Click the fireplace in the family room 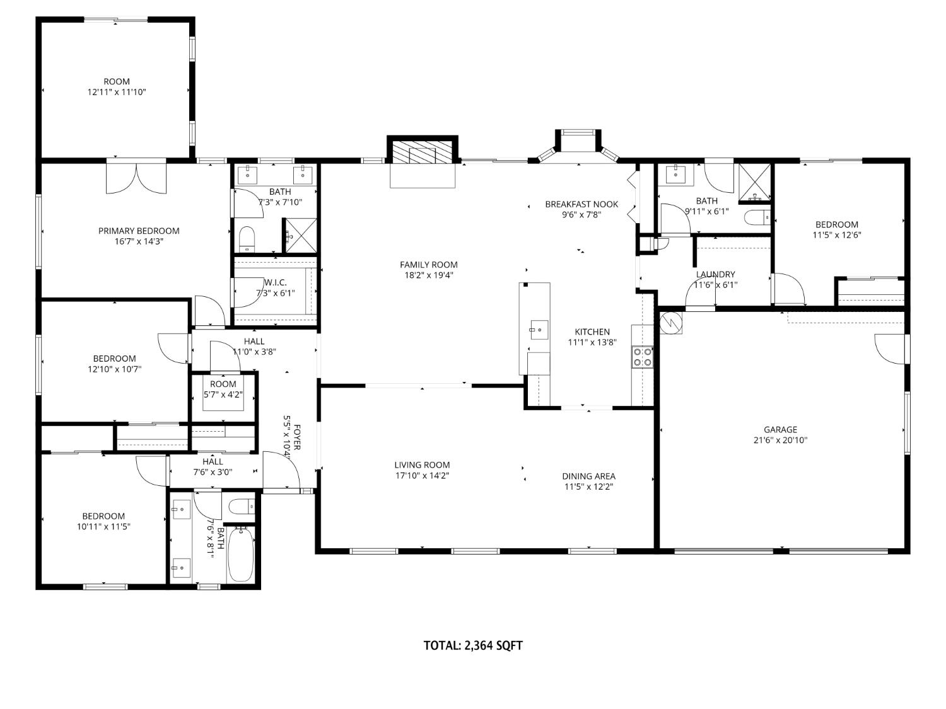(x=422, y=153)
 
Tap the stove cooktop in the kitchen (x=642, y=357)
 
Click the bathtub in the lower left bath (x=240, y=555)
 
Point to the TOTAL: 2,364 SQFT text (x=473, y=645)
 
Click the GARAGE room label (x=780, y=430)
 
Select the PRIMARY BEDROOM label (x=139, y=231)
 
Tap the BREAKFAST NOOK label (x=581, y=204)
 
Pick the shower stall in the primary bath (x=300, y=234)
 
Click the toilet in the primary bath (x=247, y=238)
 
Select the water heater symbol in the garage (x=671, y=323)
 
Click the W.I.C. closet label (x=276, y=282)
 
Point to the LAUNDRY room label (x=715, y=274)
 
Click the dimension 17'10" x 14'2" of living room (x=422, y=476)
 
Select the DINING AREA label (x=588, y=476)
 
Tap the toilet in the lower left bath (x=240, y=506)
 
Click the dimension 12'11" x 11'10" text (x=117, y=92)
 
